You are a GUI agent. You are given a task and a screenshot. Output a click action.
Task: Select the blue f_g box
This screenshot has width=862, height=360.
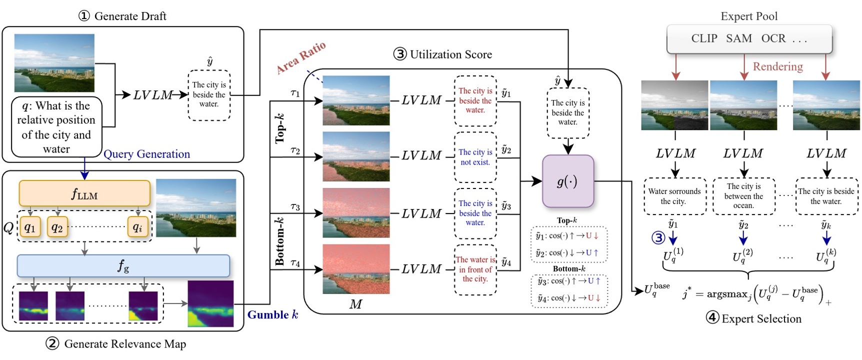(123, 266)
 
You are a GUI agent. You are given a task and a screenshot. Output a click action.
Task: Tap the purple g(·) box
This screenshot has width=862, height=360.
(568, 181)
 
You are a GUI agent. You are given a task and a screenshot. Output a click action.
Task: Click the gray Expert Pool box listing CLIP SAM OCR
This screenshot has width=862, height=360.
(748, 38)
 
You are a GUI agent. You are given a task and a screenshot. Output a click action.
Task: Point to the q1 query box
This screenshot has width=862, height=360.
(30, 227)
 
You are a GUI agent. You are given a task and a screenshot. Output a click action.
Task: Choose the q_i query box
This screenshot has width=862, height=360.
(137, 227)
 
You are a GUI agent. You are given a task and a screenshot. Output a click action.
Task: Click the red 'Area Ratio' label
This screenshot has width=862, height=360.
(301, 57)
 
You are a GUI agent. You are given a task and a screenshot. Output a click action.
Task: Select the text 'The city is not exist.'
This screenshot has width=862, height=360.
(475, 157)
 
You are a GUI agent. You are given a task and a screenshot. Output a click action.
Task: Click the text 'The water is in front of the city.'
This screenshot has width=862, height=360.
(475, 269)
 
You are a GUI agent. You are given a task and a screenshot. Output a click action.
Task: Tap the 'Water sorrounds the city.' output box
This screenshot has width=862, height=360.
(674, 196)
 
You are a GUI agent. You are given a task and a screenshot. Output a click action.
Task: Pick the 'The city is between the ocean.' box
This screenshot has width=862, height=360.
(743, 196)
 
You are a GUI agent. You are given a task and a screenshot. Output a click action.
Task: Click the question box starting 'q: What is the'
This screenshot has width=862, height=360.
(56, 127)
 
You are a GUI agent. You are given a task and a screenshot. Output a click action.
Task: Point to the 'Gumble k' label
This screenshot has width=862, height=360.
(272, 315)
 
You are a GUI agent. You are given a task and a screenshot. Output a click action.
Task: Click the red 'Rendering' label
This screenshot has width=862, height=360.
(777, 66)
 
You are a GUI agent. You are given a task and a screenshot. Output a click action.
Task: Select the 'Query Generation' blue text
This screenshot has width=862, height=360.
(146, 154)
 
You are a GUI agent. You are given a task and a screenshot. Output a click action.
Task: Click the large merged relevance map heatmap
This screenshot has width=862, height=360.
(210, 303)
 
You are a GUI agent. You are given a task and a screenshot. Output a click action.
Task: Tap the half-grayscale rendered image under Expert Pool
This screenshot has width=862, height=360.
(674, 105)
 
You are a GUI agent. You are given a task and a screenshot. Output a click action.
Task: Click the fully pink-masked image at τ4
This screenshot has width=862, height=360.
(356, 269)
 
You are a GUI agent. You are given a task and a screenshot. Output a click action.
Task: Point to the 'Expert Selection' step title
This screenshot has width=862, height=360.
(754, 318)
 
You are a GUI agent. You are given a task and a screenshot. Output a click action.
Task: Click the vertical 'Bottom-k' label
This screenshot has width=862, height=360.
(280, 241)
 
